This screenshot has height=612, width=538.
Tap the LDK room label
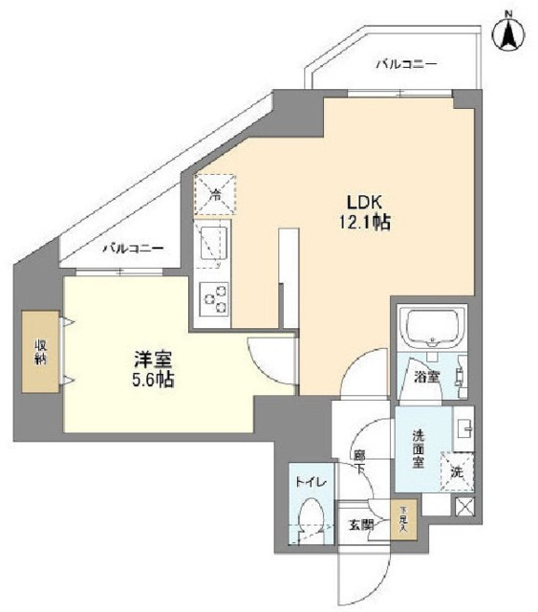coord(364,203)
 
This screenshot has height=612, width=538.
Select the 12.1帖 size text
coord(365,222)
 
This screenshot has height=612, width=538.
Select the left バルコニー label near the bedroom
coord(133,247)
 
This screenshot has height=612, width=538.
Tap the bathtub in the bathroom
coord(431,329)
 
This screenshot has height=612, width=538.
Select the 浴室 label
coord(426,376)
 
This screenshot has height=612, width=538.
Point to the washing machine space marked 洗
coord(458,471)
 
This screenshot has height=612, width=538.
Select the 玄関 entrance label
coord(360,525)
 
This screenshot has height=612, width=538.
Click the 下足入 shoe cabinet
coord(403,520)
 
